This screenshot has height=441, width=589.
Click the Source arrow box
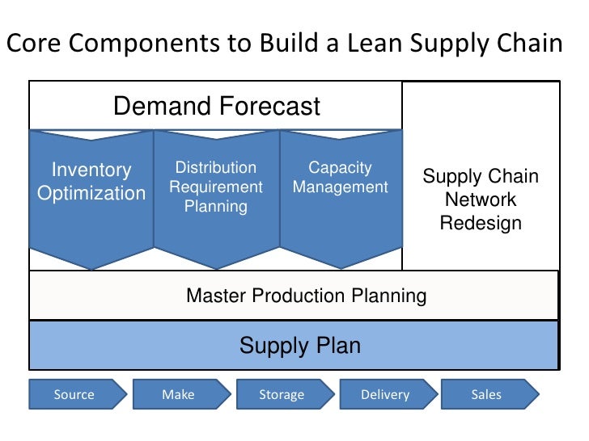pos(75,395)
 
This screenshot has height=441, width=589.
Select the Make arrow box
pos(178,395)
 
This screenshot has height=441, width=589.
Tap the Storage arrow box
pos(282,395)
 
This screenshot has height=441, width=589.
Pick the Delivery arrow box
pos(385,395)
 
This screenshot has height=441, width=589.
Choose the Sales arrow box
pos(487,395)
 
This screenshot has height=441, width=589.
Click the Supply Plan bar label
pos(299,346)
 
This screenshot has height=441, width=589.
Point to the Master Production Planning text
pos(306,296)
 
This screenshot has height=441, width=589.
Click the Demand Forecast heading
pos(217,106)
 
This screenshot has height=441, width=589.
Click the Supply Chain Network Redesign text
pos(481,199)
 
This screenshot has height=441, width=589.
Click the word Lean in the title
pos(371,44)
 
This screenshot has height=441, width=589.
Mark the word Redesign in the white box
pos(481,223)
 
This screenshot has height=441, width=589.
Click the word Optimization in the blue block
pos(91,195)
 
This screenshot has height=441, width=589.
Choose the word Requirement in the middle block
pos(216,187)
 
